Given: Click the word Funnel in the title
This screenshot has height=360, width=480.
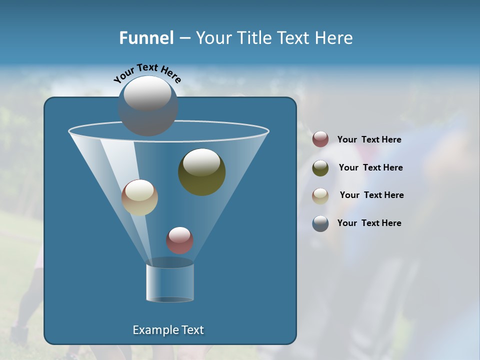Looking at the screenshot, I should pyautogui.click(x=146, y=38).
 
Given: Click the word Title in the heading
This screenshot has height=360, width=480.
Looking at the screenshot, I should pyautogui.click(x=254, y=38).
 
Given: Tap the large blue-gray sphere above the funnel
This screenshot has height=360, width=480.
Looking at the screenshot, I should pyautogui.click(x=148, y=105).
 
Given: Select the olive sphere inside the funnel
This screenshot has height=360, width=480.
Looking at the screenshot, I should pyautogui.click(x=202, y=171).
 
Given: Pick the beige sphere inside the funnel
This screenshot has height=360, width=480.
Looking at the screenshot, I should pyautogui.click(x=140, y=197).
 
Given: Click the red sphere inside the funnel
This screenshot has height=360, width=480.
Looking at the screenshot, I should pyautogui.click(x=179, y=240).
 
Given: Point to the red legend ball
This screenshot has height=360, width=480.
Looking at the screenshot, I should pyautogui.click(x=320, y=139).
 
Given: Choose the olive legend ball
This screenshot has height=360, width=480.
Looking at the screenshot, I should pyautogui.click(x=320, y=168).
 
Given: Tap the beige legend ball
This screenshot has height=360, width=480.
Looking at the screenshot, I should pyautogui.click(x=320, y=196).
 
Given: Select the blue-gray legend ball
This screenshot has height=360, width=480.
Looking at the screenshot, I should pyautogui.click(x=320, y=223).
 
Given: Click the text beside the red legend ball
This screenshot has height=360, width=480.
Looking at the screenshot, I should pyautogui.click(x=369, y=139).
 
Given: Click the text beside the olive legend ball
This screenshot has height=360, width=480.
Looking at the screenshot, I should pyautogui.click(x=370, y=167).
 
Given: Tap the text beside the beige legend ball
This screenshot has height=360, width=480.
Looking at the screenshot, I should pyautogui.click(x=371, y=195).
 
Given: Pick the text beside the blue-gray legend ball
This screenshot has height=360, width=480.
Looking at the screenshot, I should pyautogui.click(x=369, y=223).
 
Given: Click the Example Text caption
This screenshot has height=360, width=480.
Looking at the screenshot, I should pyautogui.click(x=168, y=330).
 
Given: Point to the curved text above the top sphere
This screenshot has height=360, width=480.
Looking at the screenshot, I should pyautogui.click(x=147, y=73).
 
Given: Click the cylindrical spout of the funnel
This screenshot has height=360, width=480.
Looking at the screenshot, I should pyautogui.click(x=170, y=282).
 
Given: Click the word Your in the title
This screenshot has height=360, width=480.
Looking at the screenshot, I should pyautogui.click(x=213, y=38).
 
